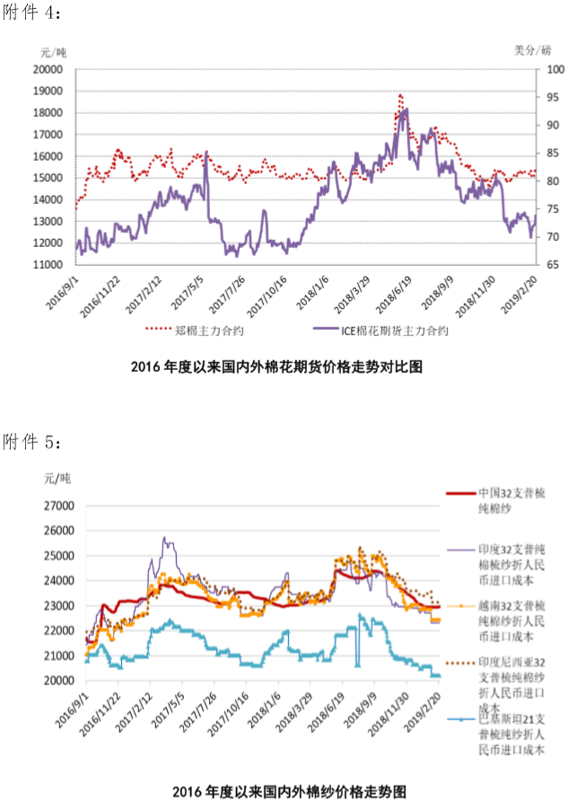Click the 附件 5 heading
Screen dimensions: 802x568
[34, 443]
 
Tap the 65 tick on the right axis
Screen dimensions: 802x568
[555, 265]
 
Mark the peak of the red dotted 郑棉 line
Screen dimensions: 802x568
[399, 94]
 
